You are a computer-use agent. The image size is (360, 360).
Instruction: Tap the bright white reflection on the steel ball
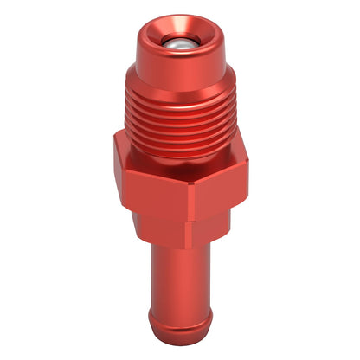point(178,41)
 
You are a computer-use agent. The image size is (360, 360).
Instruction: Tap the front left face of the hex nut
point(151,182)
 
